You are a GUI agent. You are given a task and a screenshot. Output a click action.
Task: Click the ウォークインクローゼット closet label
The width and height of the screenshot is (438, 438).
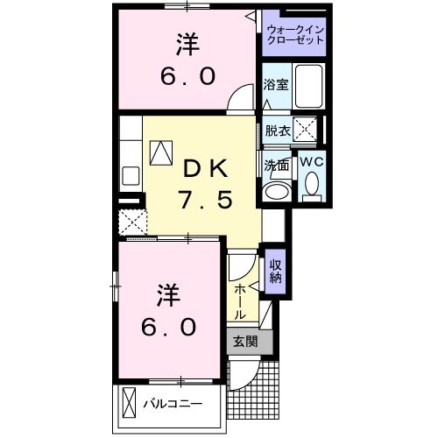click(294, 35)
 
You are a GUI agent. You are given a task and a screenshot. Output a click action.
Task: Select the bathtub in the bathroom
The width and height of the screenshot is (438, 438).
click(309, 87)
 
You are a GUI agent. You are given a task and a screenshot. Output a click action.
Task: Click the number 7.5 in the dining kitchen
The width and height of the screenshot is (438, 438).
click(207, 201)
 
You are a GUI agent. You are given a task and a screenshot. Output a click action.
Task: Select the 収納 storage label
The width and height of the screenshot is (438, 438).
click(275, 272)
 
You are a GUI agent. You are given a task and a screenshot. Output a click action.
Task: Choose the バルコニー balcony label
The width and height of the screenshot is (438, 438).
click(173, 405)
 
